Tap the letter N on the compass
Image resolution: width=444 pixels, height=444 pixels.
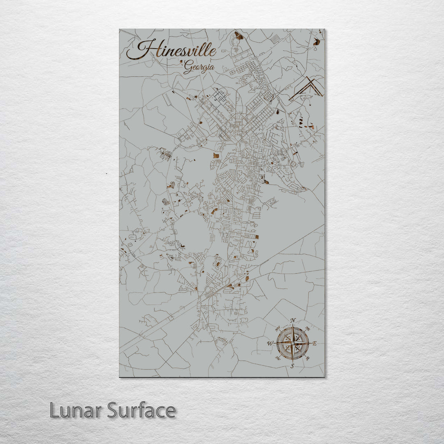click(293, 321)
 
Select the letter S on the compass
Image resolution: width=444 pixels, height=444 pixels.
click(292, 365)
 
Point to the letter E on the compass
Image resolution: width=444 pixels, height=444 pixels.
click(315, 344)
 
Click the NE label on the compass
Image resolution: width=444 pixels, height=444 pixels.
click(307, 328)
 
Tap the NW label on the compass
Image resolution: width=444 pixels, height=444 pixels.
click(277, 328)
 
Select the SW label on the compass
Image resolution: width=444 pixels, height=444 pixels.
click(278, 358)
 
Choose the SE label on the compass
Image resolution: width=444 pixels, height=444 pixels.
click(308, 358)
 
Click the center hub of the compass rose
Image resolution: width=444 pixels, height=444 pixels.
click(292, 343)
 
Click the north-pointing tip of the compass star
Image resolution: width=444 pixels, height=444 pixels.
click(293, 326)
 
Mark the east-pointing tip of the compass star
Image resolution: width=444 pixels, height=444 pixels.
click(309, 343)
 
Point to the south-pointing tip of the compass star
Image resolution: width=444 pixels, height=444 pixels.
click(292, 360)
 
